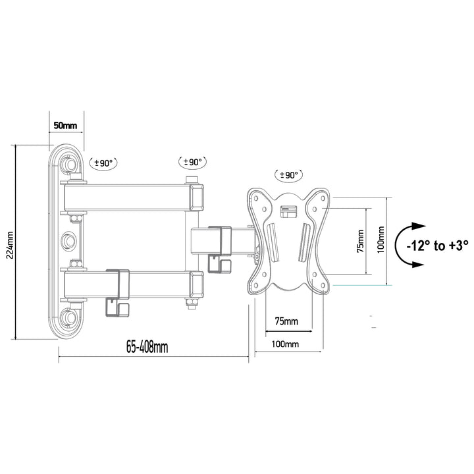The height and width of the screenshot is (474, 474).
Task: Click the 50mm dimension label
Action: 66,124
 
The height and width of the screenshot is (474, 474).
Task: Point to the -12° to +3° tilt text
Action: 436,245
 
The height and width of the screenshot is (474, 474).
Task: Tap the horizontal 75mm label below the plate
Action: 286,321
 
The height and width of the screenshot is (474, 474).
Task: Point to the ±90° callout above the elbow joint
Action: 193,161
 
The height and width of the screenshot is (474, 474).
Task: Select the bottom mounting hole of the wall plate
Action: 70,318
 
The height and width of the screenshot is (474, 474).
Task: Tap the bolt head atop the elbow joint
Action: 192,180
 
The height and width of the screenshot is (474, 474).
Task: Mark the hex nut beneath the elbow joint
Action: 192,302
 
